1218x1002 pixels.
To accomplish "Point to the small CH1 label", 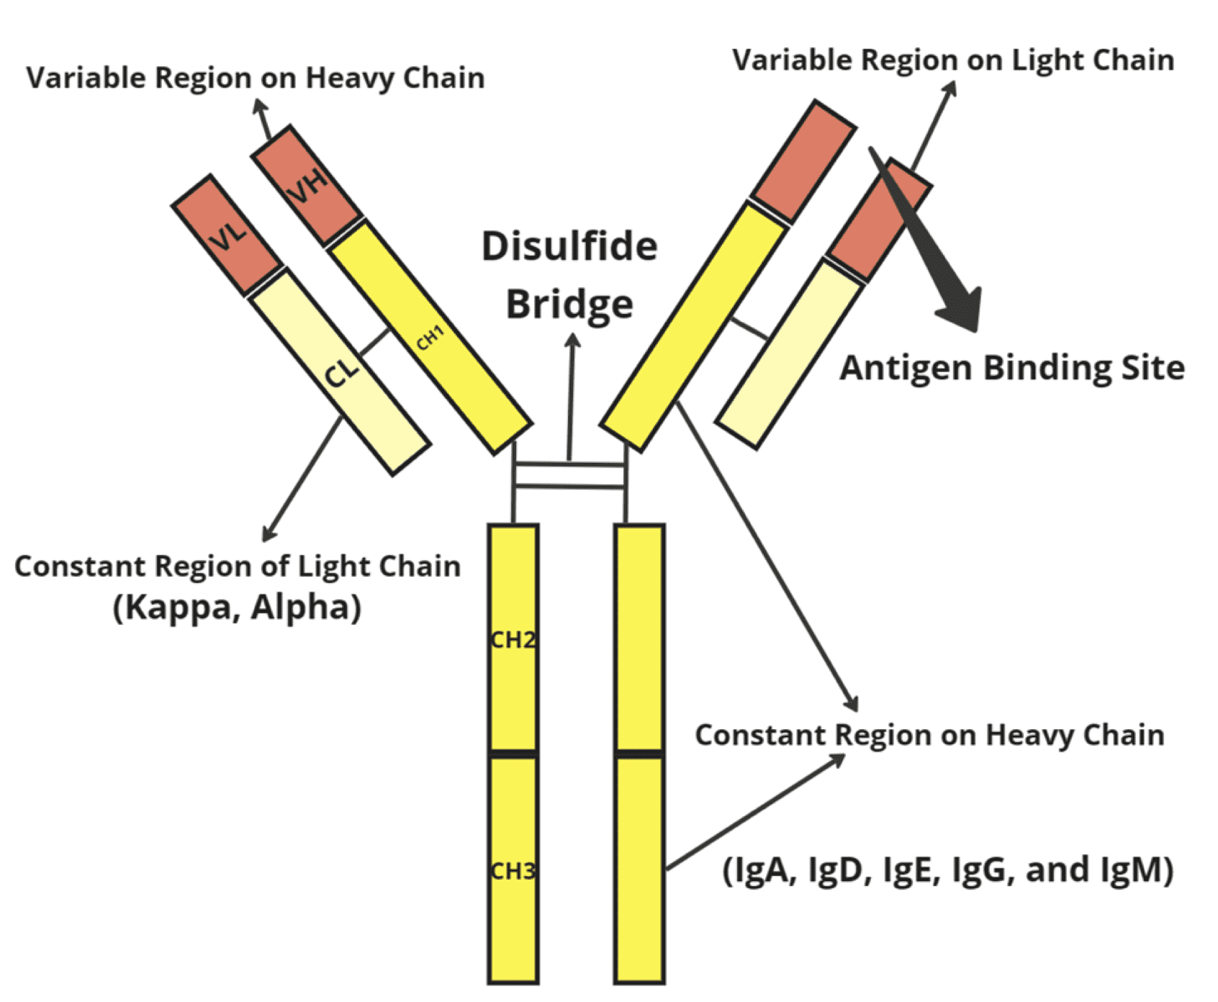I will pos(430,338).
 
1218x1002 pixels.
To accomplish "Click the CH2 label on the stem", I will pos(513,640).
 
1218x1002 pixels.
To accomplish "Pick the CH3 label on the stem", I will pos(513,872).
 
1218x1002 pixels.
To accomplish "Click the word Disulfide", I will pos(569,247).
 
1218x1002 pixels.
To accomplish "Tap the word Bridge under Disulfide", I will pos(569,304).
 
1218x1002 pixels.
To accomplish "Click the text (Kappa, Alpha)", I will pos(238,607).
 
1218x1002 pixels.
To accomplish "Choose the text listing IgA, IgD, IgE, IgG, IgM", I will pos(947,870).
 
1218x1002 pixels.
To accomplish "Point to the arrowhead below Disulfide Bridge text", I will pos(573,340).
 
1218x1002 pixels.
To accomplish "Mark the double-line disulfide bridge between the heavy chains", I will pos(569,476).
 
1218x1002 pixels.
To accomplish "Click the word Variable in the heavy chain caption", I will pos(86,78).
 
